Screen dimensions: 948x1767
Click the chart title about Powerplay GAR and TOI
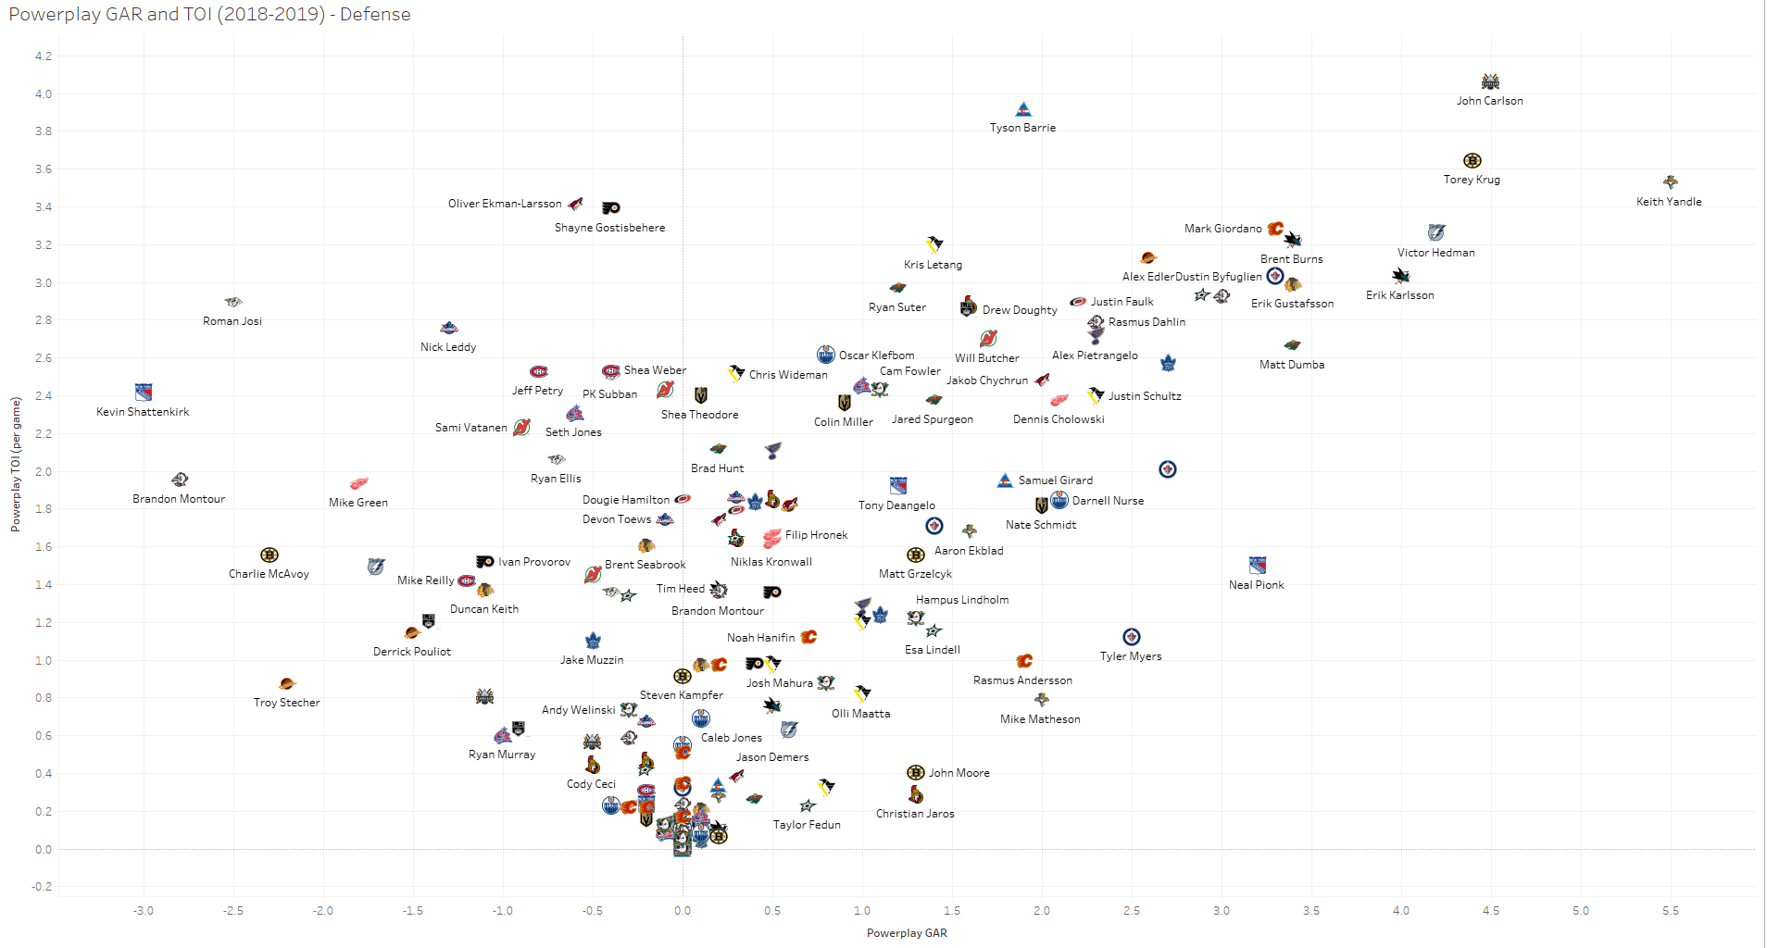(209, 15)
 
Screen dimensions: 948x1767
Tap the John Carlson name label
(1489, 101)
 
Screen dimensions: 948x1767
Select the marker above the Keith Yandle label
(1670, 182)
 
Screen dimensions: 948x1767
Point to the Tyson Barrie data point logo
(1022, 109)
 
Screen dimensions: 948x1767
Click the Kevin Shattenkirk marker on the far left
(144, 392)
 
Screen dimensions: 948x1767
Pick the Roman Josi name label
(232, 321)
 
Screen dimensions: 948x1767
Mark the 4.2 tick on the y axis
(44, 56)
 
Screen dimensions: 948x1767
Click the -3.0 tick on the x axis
(144, 911)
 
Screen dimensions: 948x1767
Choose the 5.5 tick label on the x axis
(1670, 911)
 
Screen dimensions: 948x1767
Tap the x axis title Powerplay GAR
(907, 933)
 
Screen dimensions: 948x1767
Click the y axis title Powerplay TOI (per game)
(16, 464)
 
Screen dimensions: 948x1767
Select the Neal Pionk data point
(1257, 565)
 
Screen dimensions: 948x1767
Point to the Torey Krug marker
(1472, 161)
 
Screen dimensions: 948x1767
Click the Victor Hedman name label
(1435, 253)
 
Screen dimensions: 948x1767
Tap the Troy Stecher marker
(287, 684)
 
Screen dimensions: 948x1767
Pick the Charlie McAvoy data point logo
(269, 555)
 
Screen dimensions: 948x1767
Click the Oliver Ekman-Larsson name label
(505, 204)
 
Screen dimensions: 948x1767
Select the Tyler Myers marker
(1131, 637)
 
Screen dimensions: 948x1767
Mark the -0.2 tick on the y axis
(43, 887)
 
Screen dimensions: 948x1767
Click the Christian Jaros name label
(915, 814)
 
